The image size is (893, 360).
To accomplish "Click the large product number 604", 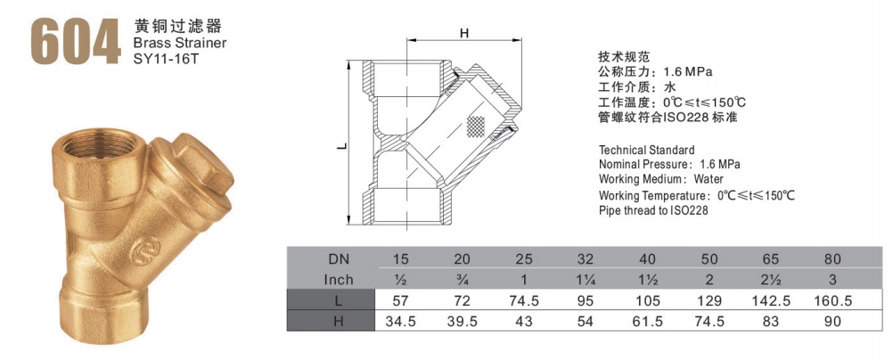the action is [x=76, y=41].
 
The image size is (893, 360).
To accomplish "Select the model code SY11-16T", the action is [x=165, y=58].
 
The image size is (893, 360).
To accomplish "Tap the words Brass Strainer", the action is [x=179, y=43].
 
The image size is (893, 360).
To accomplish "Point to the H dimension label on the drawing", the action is [x=464, y=33].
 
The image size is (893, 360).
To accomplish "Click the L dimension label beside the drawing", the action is [x=341, y=146].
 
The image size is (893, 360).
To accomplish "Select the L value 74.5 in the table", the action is [x=523, y=301].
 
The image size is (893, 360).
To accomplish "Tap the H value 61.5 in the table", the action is [x=648, y=322].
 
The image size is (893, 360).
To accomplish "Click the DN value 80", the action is [x=832, y=259].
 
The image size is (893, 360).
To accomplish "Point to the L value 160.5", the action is [x=832, y=301].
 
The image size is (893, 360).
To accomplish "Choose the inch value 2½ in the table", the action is [x=771, y=280].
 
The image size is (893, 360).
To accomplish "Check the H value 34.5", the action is [x=400, y=322].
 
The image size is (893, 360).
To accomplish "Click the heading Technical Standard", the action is [x=647, y=151].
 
